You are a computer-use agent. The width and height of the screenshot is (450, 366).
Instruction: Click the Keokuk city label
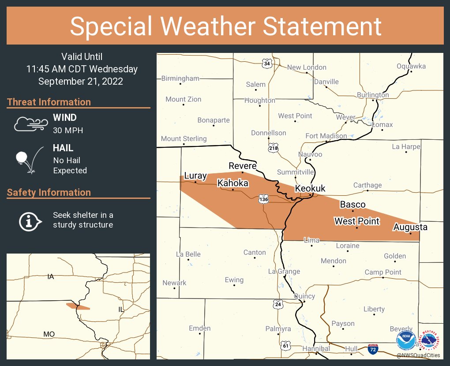(x=310, y=189)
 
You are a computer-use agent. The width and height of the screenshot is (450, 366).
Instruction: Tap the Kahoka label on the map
(x=233, y=183)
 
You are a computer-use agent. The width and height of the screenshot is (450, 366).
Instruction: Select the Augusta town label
(x=410, y=227)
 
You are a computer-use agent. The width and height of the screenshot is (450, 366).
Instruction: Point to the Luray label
(x=195, y=176)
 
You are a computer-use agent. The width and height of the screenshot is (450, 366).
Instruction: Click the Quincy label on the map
(x=304, y=296)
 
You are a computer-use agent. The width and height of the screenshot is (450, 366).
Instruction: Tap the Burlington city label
(x=373, y=95)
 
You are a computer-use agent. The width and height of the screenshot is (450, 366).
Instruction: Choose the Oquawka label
(x=411, y=66)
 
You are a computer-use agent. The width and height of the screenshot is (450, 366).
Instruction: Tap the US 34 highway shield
(x=266, y=63)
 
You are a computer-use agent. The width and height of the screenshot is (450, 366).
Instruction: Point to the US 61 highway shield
(x=286, y=347)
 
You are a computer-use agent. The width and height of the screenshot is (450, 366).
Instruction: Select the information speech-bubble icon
(x=30, y=220)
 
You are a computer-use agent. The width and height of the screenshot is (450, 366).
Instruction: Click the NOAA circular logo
(x=406, y=341)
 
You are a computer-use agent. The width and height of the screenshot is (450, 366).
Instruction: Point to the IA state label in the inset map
(x=50, y=276)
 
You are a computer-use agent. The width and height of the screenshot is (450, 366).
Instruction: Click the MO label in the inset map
(x=49, y=334)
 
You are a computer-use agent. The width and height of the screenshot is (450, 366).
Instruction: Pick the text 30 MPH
(x=68, y=130)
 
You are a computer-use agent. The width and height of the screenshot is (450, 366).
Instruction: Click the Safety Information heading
(x=49, y=192)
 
